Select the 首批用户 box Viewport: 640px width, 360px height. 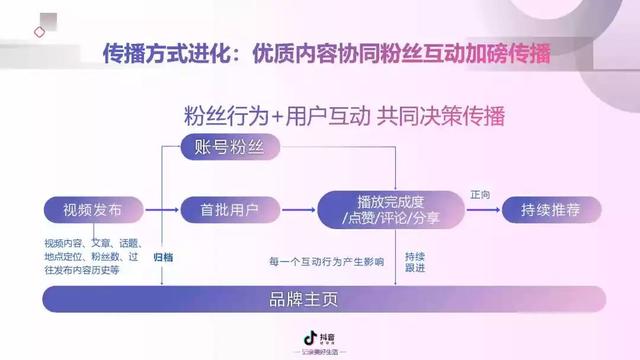pyautogui.click(x=223, y=211)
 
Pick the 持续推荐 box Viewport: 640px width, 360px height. pyautogui.click(x=549, y=211)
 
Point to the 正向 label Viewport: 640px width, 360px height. pyautogui.click(x=480, y=195)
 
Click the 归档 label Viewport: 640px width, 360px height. pyautogui.click(x=163, y=257)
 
